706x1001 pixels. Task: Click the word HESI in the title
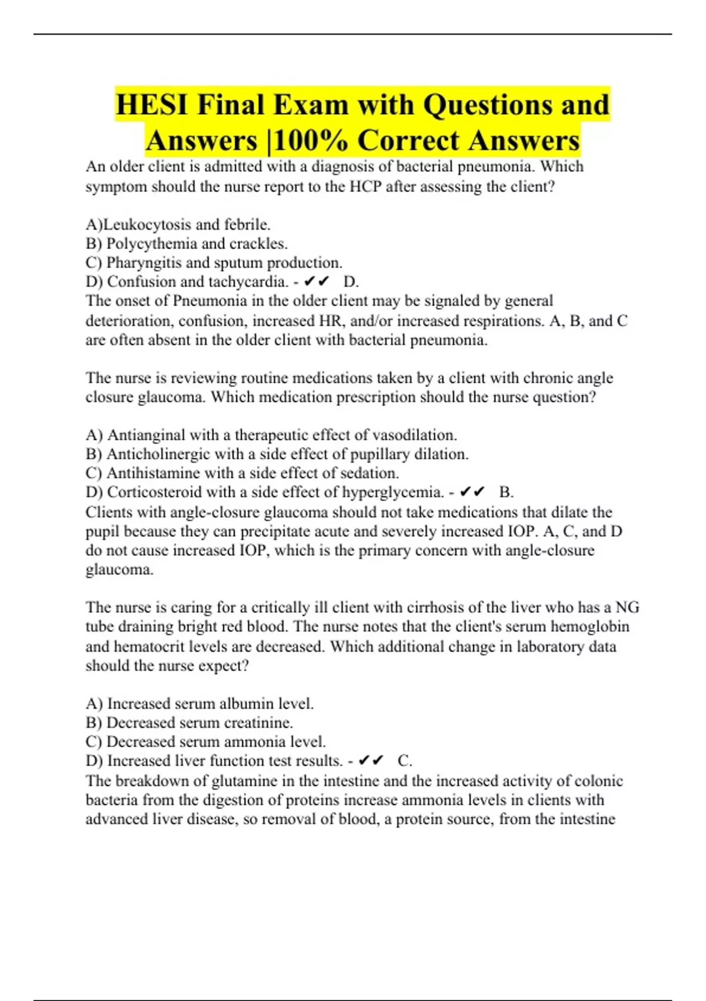tap(152, 105)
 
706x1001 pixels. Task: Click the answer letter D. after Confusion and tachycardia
tap(351, 282)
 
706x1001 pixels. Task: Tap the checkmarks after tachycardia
tap(317, 282)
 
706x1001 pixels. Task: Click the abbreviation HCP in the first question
tap(365, 187)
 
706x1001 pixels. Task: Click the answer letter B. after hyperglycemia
tap(506, 492)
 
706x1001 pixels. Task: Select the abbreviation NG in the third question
tap(627, 607)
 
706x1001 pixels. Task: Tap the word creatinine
tap(257, 722)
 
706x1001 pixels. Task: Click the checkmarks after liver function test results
tap(371, 761)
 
